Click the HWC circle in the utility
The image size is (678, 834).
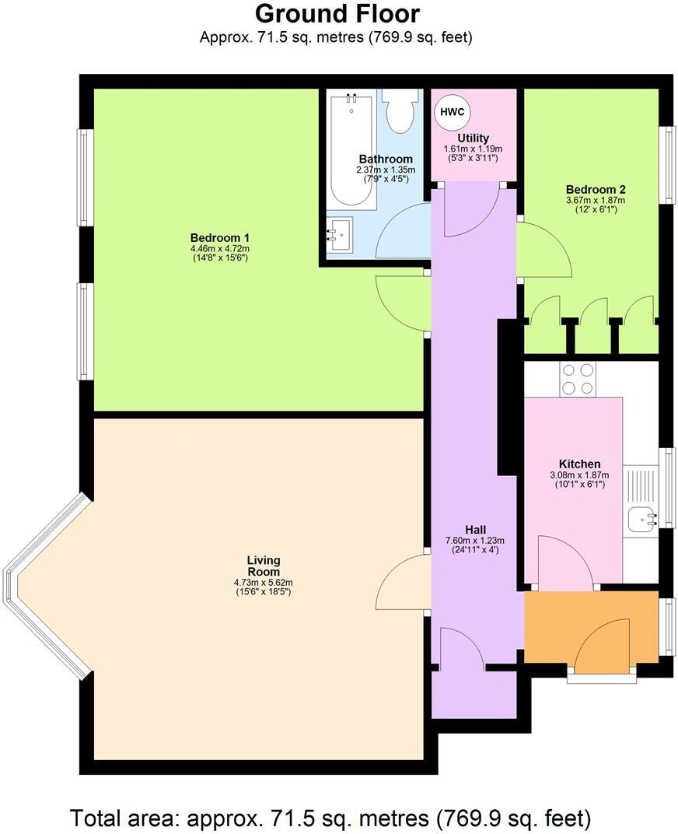point(452,112)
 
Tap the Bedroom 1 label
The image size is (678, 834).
point(220,238)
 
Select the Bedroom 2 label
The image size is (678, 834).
point(596,189)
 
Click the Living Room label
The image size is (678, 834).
point(264,566)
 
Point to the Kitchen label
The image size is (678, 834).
point(579,464)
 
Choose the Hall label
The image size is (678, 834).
point(475,530)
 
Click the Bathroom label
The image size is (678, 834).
point(386,159)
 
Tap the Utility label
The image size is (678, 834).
point(473,138)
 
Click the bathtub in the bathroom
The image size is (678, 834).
point(351,149)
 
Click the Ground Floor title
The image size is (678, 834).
point(337,14)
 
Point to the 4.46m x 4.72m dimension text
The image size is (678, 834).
point(220,250)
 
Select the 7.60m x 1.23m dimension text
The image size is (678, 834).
point(475,541)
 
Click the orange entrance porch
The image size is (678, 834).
point(591,626)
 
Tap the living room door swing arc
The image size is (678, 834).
point(400,583)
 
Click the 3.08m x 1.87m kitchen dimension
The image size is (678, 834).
point(579,475)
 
